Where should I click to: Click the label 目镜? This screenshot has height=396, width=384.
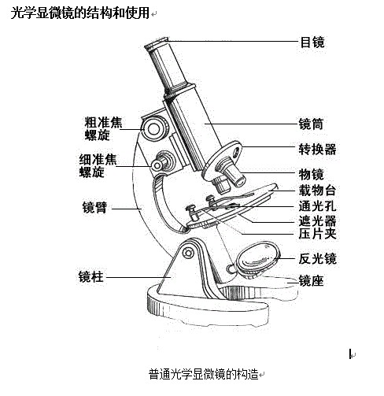(312, 42)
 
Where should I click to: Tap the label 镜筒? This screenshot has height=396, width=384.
(311, 124)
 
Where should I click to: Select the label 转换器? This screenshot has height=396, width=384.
(317, 149)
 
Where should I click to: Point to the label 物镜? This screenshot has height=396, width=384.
(311, 174)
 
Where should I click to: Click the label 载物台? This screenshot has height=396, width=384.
(317, 191)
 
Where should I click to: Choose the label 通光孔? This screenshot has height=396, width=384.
(317, 206)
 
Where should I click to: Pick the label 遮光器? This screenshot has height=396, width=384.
(317, 220)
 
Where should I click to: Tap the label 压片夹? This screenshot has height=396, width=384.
(317, 233)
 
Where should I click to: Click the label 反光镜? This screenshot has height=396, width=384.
(317, 258)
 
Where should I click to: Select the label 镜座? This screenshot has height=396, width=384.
(311, 280)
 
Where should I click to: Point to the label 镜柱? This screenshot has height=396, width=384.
(90, 276)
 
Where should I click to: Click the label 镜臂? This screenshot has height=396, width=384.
(94, 207)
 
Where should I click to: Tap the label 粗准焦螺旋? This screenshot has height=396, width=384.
(103, 128)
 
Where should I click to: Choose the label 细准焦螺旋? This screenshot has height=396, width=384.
(98, 165)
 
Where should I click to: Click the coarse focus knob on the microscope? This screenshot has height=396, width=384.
(155, 128)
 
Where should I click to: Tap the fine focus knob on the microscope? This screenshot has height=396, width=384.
(163, 163)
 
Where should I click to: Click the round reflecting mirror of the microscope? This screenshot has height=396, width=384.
(257, 257)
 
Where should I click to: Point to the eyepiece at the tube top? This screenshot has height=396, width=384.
(157, 43)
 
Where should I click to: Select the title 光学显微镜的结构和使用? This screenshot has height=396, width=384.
(80, 13)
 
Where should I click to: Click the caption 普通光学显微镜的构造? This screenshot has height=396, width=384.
(204, 374)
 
